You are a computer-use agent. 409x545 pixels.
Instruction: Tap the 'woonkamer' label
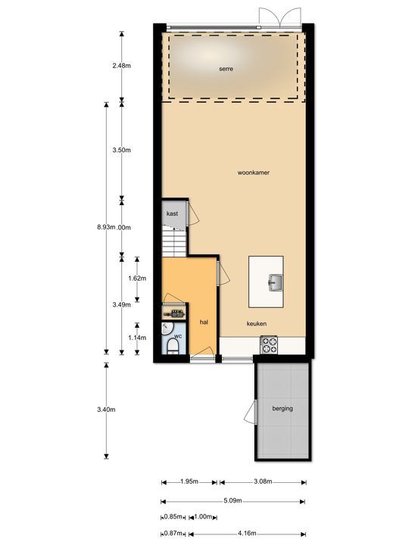coord(254,173)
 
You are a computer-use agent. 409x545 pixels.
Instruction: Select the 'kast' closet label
coord(173,214)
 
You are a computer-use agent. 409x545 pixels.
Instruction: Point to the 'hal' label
coord(204,322)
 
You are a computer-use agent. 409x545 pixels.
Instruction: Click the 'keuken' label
coord(256,323)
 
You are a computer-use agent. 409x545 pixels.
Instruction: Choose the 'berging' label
coord(283,409)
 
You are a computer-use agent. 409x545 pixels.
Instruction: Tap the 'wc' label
coord(178,335)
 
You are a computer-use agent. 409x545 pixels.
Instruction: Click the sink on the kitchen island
coord(274,283)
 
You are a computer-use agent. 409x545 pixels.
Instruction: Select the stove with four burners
coord(269,345)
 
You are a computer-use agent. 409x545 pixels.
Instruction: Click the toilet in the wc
coord(173,347)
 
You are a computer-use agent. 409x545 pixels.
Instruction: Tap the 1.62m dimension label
coord(137,278)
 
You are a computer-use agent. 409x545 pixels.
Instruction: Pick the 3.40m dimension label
coord(106,410)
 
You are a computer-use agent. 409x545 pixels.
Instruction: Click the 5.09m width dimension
coord(234,500)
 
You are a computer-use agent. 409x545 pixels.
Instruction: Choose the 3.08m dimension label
coord(262,481)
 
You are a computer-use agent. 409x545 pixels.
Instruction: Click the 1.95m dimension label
coord(189,481)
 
